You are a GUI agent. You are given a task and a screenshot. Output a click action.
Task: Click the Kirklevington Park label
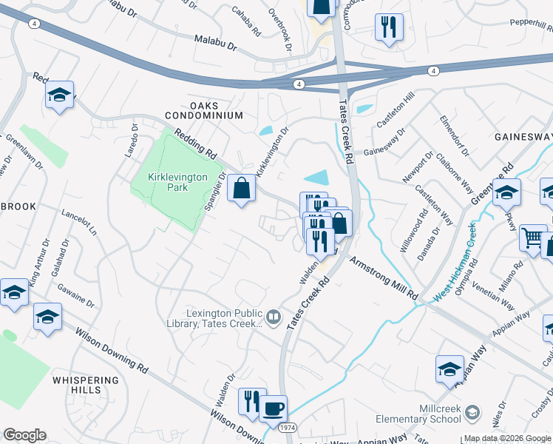pos(166,182)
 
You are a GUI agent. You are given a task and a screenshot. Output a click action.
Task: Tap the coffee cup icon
pos(274,408)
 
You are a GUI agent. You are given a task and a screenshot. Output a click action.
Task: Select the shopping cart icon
pos(533,238)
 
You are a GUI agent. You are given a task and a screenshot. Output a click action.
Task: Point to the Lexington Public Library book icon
pos(274,317)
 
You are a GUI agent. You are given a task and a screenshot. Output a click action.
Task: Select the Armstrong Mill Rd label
pos(384,278)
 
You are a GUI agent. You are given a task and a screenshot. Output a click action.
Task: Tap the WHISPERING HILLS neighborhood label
pos(85,384)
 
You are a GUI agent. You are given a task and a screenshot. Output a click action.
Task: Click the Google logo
pos(24,435)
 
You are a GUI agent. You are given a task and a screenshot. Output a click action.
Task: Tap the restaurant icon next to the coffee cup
pos(252,401)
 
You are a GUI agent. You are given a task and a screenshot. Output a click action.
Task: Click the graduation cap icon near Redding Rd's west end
pos(59,95)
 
